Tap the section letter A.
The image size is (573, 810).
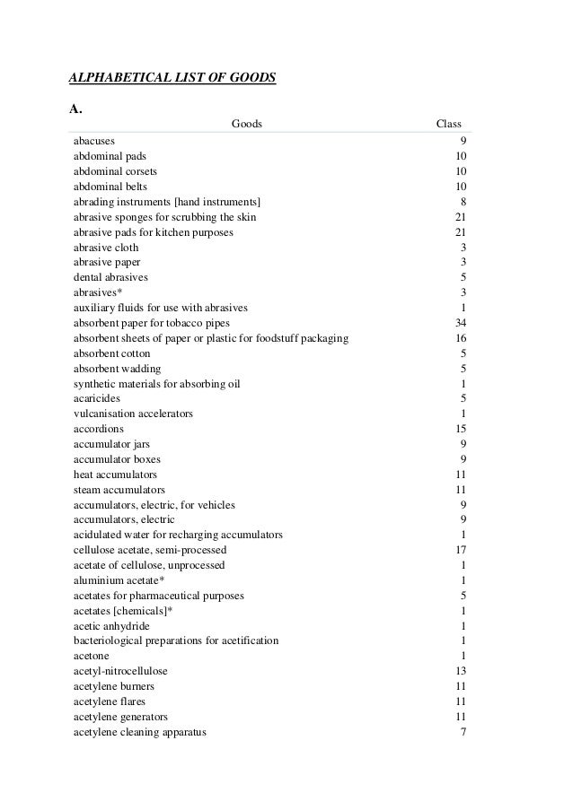coord(76,109)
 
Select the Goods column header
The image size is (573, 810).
coord(247,124)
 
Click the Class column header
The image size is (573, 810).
coord(448,124)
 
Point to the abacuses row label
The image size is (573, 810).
coord(94,141)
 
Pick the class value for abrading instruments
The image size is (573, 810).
coord(462,202)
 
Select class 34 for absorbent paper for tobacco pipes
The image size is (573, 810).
coord(459,323)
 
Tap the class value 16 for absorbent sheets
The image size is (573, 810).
coord(459,338)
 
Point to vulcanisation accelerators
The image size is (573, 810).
coord(133,414)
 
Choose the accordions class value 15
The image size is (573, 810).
coord(459,429)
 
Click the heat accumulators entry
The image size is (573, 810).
coord(115,475)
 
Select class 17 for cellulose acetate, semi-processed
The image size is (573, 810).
coord(459,550)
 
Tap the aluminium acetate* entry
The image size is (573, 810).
coord(119,580)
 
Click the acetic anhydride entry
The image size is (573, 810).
coord(111,626)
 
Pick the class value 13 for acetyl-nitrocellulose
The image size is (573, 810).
coord(459,671)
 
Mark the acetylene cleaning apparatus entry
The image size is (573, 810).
coord(140,732)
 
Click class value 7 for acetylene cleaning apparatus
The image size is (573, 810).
coord(462,732)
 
